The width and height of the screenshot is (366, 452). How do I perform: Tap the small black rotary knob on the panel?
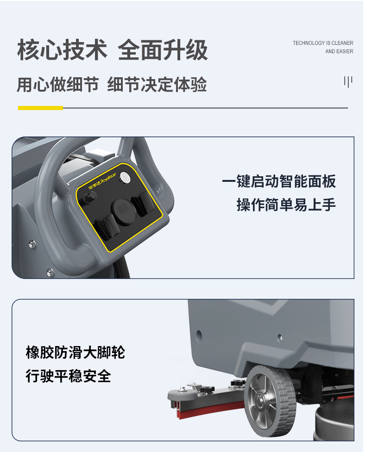(x=87, y=198)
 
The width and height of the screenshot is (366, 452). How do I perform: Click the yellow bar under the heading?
(x=40, y=108)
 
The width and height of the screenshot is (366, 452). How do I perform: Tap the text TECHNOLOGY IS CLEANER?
(x=322, y=43)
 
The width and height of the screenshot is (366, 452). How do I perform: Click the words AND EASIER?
(x=339, y=51)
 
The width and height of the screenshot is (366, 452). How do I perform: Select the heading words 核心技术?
(x=62, y=50)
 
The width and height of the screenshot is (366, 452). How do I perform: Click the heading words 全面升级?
(x=163, y=50)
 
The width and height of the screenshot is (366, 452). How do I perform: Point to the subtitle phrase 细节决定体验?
(x=157, y=85)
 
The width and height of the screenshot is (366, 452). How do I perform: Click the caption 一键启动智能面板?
(x=279, y=181)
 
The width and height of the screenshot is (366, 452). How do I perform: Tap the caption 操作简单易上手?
(x=286, y=204)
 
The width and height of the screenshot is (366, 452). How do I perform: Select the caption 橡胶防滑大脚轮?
(x=76, y=353)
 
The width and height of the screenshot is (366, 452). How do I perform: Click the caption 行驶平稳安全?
(x=68, y=376)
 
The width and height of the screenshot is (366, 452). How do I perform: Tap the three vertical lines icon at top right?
(x=348, y=82)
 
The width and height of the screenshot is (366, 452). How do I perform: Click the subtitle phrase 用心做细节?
(x=57, y=85)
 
